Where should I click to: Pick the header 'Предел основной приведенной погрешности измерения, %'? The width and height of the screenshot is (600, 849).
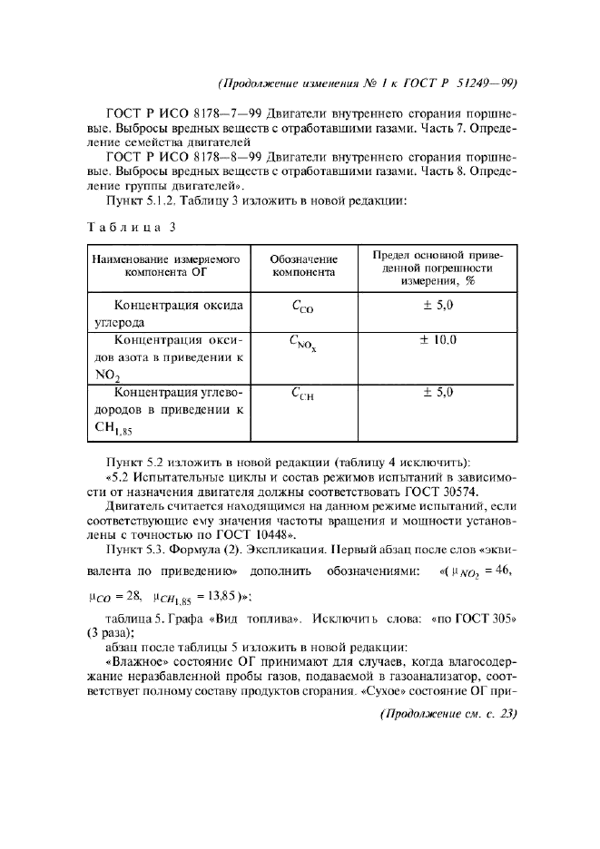tap(438, 267)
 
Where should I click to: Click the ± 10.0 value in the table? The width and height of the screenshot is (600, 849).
tap(438, 340)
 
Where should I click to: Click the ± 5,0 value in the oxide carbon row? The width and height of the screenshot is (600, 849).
tap(438, 306)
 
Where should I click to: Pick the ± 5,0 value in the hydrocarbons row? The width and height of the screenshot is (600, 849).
tap(438, 393)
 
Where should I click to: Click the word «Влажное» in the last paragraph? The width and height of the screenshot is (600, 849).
tap(136, 663)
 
